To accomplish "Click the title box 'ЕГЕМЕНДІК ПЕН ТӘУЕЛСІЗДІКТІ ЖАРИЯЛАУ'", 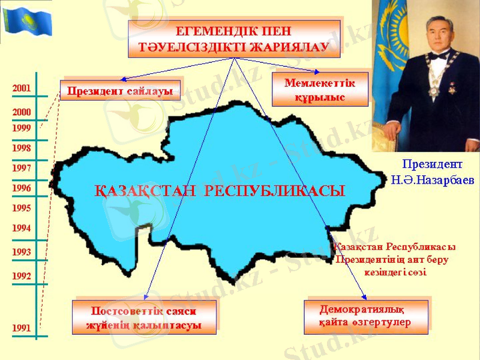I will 234,38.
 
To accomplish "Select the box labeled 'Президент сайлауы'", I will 120,91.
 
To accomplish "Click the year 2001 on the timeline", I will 22,88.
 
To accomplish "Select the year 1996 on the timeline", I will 22,188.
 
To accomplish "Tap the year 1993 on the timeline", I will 22,253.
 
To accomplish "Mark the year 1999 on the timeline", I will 22,128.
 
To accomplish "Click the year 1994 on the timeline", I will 22,228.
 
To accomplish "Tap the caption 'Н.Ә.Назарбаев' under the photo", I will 433,179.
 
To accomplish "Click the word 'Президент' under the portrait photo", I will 433,163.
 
